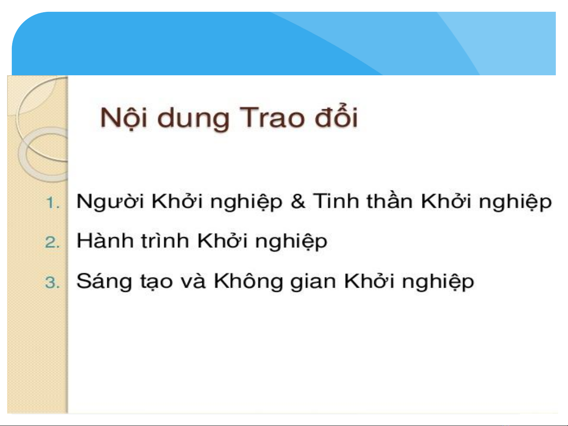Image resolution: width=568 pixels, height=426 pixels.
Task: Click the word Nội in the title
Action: pos(124,118)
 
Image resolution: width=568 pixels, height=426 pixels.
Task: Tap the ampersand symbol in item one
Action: pos(298,201)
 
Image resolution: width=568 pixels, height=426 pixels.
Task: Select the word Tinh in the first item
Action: pos(335,201)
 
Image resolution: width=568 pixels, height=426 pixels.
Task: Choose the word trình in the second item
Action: pos(165,240)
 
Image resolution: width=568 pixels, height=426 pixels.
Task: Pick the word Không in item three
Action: pos(248,281)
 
